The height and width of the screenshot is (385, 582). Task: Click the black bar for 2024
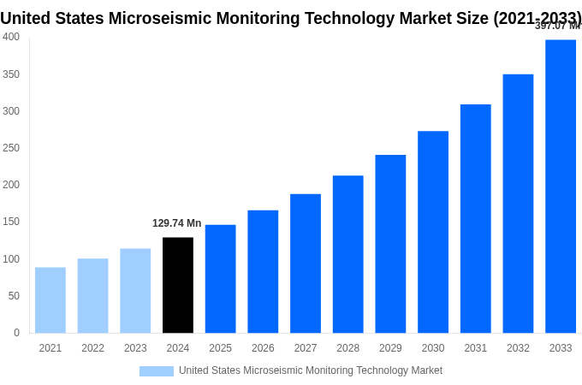[178, 285]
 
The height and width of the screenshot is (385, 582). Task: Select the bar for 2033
[561, 186]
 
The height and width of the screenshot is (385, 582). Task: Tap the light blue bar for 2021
[50, 300]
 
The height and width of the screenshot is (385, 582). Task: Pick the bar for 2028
[348, 254]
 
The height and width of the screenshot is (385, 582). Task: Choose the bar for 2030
[433, 232]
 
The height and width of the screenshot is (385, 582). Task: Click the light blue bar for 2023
[135, 291]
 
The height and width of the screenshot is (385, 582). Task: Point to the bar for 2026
[263, 271]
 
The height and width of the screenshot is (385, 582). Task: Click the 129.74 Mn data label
[177, 223]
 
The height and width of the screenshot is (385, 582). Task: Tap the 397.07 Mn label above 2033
[557, 26]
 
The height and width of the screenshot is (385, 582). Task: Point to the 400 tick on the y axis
[11, 37]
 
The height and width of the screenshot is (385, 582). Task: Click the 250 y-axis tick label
[11, 148]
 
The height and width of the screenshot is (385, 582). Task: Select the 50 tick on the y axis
[14, 296]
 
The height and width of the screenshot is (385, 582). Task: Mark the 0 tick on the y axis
[16, 333]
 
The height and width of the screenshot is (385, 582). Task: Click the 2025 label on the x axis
[220, 348]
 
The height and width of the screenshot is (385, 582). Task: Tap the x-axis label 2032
[518, 348]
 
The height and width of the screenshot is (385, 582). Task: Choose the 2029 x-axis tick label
[390, 348]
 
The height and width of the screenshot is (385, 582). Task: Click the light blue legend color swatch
[157, 371]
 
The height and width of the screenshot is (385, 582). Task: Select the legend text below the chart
[311, 370]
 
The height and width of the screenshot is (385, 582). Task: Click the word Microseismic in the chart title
[163, 18]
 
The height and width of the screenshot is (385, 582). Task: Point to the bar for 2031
[476, 218]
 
